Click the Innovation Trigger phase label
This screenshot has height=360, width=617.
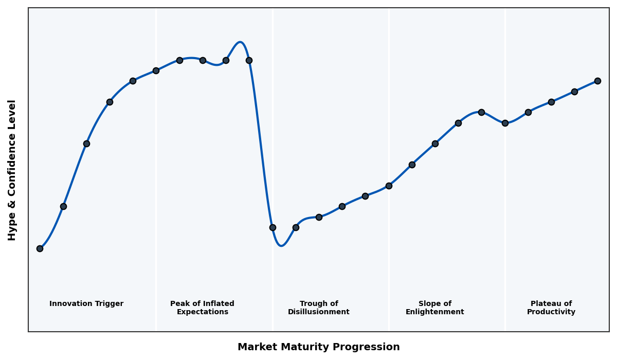[x=86, y=304]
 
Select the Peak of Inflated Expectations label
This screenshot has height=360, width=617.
[x=202, y=308]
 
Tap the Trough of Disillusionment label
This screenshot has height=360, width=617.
[x=319, y=308]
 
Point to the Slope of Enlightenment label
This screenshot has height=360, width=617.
[x=434, y=308]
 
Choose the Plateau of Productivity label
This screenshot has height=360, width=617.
[x=551, y=308]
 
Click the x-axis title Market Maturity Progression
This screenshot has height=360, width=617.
[x=318, y=347]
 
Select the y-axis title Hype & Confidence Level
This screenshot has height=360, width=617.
[x=12, y=170]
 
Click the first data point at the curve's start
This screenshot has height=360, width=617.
[x=40, y=248]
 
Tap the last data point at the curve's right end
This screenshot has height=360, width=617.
[x=597, y=81]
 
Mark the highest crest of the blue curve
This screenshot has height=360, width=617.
[x=240, y=42]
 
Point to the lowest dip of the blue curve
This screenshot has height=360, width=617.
[x=281, y=246]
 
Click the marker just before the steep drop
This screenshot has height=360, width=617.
[x=249, y=60]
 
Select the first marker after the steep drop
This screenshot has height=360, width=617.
[x=273, y=227]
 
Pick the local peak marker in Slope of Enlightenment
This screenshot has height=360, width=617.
[x=481, y=112]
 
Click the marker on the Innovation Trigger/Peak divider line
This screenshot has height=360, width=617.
[x=156, y=70]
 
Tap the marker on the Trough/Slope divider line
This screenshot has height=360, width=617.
[x=389, y=186]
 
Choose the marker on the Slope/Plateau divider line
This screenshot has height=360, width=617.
[x=505, y=123]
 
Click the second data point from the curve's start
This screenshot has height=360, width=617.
[x=63, y=206]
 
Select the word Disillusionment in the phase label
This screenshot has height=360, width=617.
[x=319, y=312]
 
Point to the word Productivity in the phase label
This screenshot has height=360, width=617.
[x=551, y=312]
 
